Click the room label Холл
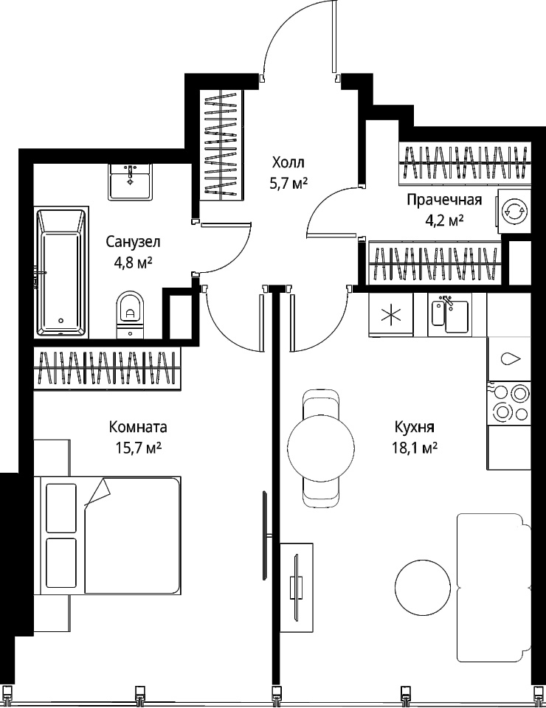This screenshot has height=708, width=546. [x=288, y=162]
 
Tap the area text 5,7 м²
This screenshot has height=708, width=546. [x=288, y=184]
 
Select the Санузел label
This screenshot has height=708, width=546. [x=133, y=243]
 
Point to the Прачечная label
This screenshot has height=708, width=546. [x=444, y=200]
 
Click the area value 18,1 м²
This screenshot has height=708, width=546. [x=415, y=448]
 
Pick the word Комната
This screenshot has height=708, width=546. [x=138, y=427]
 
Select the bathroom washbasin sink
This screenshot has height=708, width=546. [x=130, y=181]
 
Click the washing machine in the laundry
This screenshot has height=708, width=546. [x=514, y=211]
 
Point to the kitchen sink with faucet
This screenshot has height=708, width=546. [x=450, y=315]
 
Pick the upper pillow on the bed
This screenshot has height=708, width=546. [x=61, y=508]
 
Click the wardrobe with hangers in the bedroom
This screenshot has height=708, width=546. [x=108, y=367]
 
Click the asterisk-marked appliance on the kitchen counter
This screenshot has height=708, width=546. [x=390, y=315]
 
